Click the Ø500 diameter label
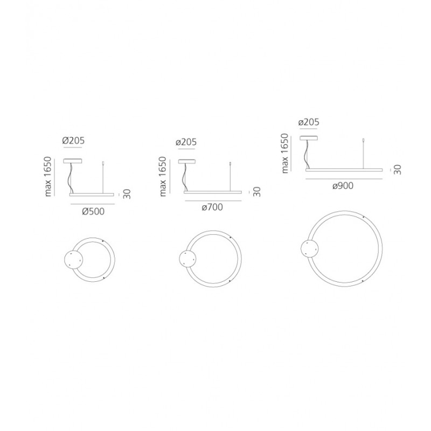click(x=93, y=211)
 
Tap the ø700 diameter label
click(x=212, y=207)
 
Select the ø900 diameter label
click(x=343, y=186)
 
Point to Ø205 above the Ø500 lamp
click(x=73, y=141)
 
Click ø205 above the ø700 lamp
click(x=186, y=142)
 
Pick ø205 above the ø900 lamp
click(x=309, y=122)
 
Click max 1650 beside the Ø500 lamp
click(x=47, y=177)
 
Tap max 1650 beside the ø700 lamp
click(x=163, y=177)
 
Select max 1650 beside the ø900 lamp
click(x=285, y=154)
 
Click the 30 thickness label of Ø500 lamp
click(x=127, y=194)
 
